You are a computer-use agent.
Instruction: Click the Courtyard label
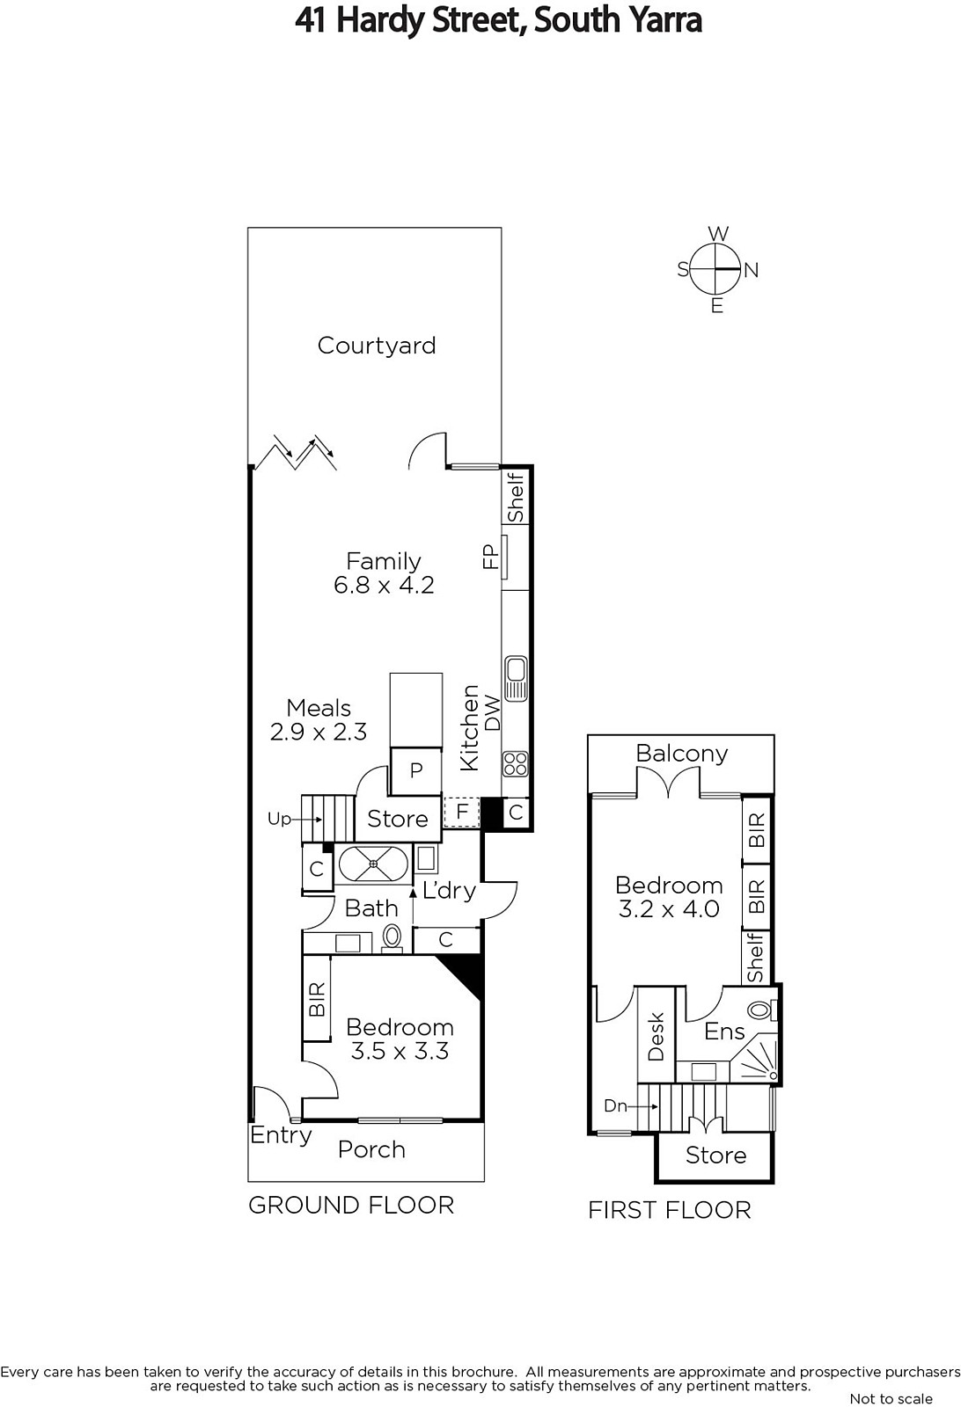tap(377, 346)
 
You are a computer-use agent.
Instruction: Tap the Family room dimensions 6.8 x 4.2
tap(384, 586)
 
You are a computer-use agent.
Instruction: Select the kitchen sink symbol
tap(516, 678)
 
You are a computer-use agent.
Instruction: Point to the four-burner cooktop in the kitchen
tap(516, 764)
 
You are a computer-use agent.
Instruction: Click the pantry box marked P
tap(416, 770)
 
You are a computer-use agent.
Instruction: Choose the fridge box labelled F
tap(462, 812)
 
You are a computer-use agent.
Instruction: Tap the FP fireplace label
tap(490, 557)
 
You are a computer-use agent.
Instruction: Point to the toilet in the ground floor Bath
tap(392, 938)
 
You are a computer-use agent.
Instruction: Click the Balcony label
tap(682, 753)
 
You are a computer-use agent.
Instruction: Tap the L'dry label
tap(449, 890)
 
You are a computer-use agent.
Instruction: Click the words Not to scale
tap(891, 1398)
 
